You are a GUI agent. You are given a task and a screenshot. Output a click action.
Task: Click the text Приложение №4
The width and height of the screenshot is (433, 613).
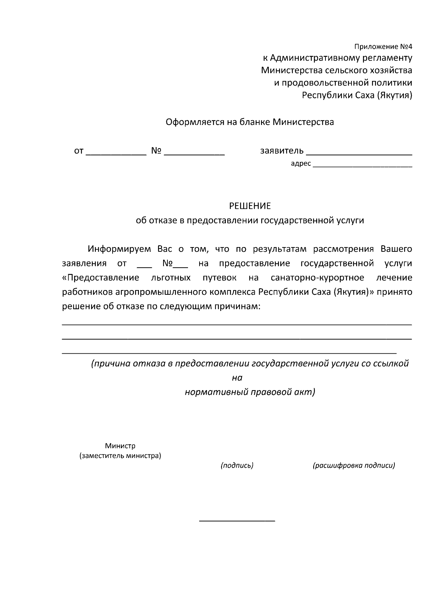click(383, 47)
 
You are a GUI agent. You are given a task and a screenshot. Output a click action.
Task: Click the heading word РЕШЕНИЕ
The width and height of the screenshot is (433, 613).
click(250, 206)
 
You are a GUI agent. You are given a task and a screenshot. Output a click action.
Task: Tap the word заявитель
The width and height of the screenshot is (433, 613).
click(282, 151)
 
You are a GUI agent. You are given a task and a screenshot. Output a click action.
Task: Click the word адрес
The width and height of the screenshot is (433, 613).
click(301, 164)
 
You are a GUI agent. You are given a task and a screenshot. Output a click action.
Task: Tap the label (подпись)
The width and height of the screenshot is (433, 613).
click(237, 465)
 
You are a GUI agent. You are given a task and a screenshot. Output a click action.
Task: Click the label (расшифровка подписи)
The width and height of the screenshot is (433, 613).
click(354, 465)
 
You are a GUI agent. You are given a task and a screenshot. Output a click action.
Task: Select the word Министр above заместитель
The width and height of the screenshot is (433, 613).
click(120, 446)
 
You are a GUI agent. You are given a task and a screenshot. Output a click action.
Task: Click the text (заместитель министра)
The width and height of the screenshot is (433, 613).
click(120, 456)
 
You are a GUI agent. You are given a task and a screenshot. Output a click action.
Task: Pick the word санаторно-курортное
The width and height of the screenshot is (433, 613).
click(317, 278)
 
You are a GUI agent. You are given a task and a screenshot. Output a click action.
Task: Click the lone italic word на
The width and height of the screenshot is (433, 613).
click(237, 378)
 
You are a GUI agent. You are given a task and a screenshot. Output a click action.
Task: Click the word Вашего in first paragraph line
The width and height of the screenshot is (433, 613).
click(396, 249)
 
